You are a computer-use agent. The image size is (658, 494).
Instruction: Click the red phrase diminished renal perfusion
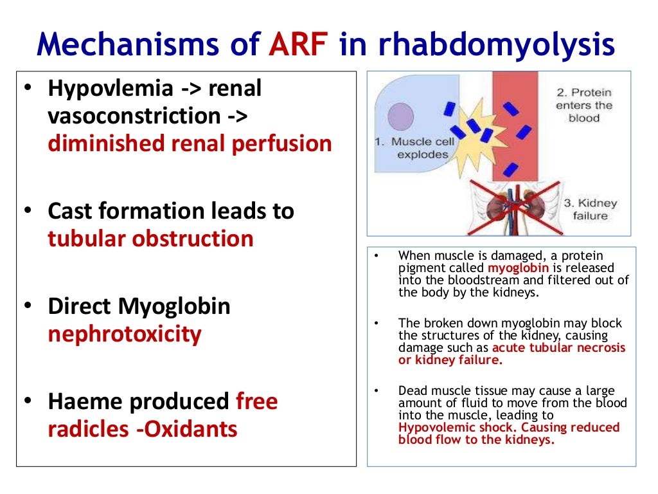[190, 143]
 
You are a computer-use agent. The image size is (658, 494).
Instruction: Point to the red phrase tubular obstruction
[150, 239]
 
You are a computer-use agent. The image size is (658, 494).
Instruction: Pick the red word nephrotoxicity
[124, 334]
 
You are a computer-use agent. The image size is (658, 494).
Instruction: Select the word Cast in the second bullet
[70, 211]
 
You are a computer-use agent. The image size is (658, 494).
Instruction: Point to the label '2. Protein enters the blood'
[583, 105]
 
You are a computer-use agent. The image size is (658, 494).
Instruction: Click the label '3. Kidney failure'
[590, 210]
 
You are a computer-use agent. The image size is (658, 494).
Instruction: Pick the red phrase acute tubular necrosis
[559, 348]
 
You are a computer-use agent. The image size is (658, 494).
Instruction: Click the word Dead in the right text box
[411, 390]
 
